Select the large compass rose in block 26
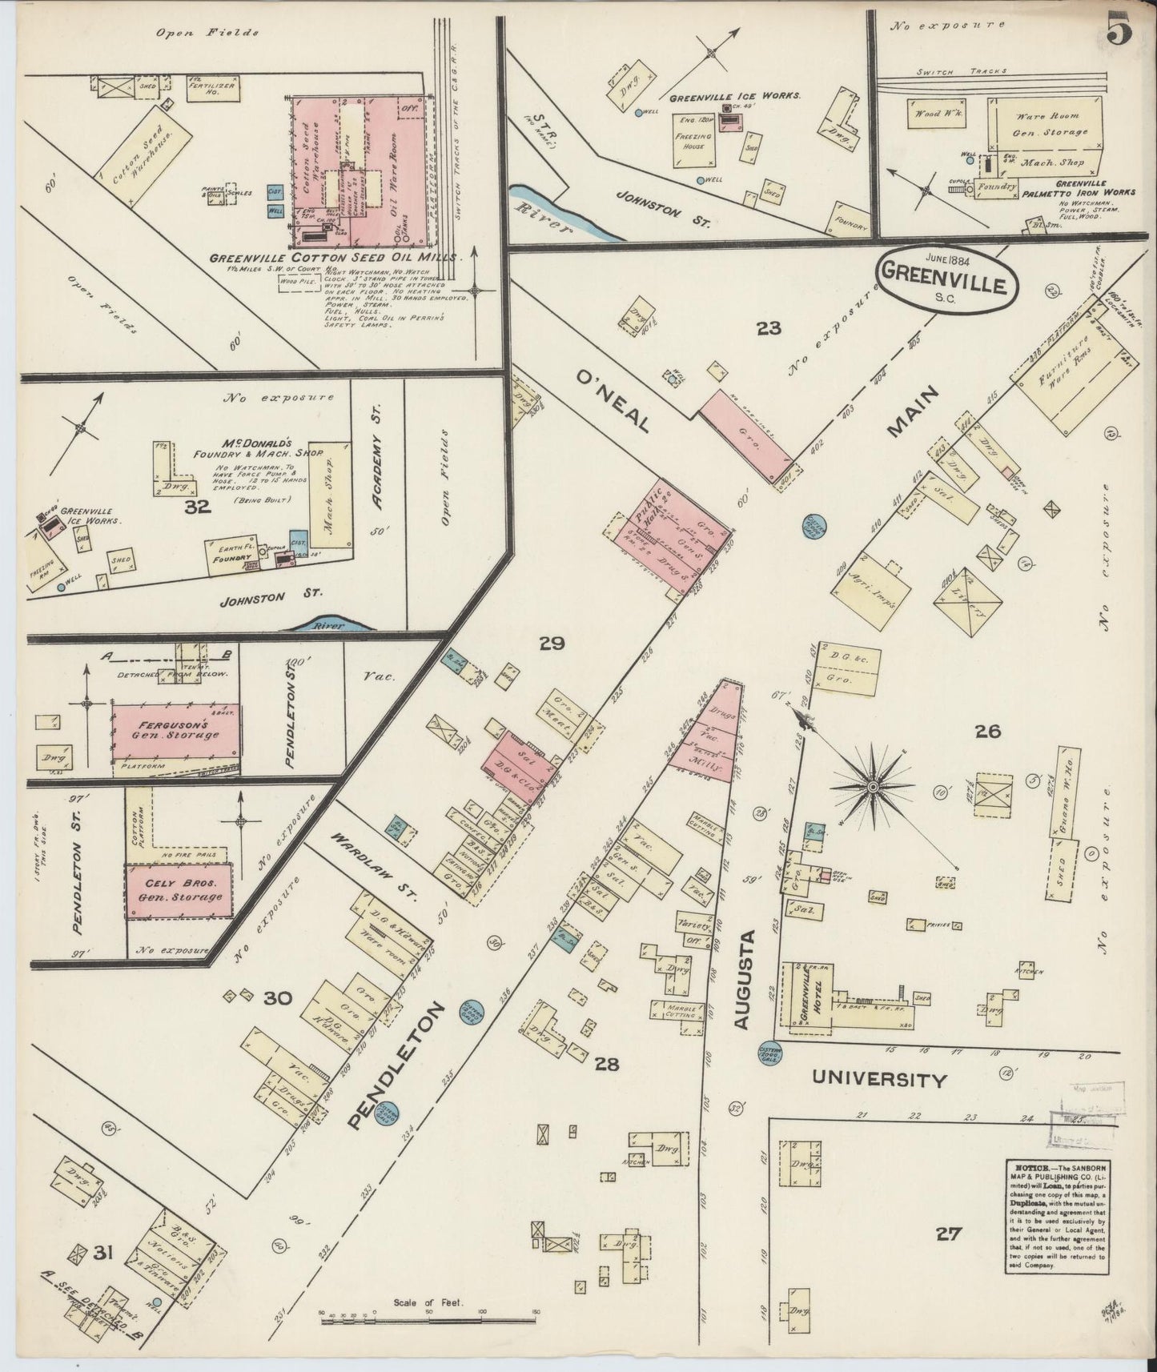(871, 787)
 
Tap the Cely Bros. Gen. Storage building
(179, 890)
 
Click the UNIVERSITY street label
(879, 1079)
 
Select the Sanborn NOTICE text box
(1055, 1207)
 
